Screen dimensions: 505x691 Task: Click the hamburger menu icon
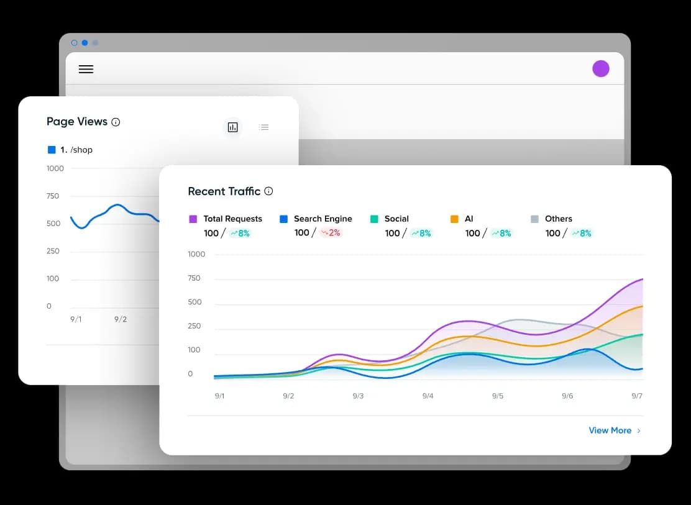86,69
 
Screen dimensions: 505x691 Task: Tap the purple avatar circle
600,68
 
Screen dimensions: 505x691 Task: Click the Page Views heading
77,122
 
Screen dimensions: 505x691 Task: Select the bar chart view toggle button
232,127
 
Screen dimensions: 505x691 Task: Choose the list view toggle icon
264,127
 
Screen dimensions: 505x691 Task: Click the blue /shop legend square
52,150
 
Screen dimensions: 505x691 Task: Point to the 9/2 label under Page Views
121,319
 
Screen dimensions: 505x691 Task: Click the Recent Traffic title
224,191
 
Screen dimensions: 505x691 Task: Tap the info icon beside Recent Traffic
268,191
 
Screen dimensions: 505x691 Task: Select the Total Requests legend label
232,219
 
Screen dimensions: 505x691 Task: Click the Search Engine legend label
323,219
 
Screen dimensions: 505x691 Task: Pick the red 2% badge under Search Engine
331,233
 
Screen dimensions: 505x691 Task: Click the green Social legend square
374,219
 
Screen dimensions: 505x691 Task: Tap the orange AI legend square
454,219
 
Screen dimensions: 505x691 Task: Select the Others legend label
558,219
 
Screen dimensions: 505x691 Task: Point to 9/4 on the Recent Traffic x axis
428,396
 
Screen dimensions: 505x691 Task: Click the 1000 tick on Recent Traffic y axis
196,254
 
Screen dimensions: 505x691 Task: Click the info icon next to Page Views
116,122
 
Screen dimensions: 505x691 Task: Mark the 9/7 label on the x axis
637,396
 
